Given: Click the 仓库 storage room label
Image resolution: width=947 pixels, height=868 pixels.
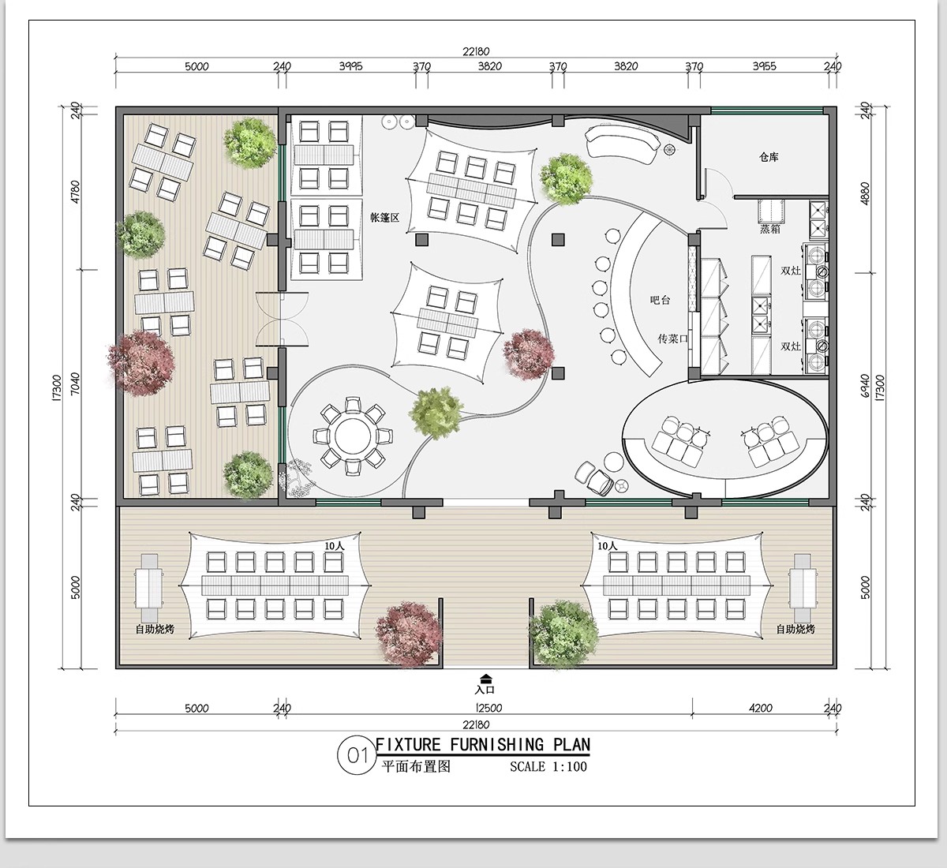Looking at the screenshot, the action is pos(769,157).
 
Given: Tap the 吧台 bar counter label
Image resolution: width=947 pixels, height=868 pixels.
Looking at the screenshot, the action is pos(660,300).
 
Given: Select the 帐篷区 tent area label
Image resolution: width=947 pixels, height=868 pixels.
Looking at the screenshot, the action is pos(385,217).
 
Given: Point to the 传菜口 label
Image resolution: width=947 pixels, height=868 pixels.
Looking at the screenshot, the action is pos(672,339).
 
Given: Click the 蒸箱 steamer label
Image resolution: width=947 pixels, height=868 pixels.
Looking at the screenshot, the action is pos(770,229).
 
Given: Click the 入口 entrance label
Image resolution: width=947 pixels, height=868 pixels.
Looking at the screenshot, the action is pos(485,690).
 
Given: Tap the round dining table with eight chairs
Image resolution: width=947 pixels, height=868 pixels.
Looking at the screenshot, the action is pos(353,436).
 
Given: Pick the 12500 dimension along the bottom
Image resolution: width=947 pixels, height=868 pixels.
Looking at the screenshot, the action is pos(488,708).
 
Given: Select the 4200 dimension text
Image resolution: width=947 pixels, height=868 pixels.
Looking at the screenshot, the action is pos(761,708).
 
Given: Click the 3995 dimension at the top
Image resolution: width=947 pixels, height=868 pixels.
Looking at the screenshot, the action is pos(350,66).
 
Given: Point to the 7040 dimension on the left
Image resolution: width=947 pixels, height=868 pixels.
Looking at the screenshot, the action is pos(76,384).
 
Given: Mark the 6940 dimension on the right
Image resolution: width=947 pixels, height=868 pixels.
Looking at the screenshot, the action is pos(865,386).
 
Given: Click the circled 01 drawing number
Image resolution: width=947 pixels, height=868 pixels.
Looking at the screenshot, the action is pos(357,756).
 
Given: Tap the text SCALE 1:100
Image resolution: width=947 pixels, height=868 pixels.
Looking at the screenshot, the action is pos(548,766).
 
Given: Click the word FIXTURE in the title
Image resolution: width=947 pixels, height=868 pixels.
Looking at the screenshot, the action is pos(408,745).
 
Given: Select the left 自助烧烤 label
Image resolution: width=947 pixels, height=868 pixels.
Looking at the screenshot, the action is pos(155,629).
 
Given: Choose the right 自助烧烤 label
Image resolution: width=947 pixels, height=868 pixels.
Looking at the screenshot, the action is pos(795,629).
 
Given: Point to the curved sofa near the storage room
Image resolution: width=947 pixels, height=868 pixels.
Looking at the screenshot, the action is pos(622,142).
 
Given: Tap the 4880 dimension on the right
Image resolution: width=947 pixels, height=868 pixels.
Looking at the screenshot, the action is pos(865,193).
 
